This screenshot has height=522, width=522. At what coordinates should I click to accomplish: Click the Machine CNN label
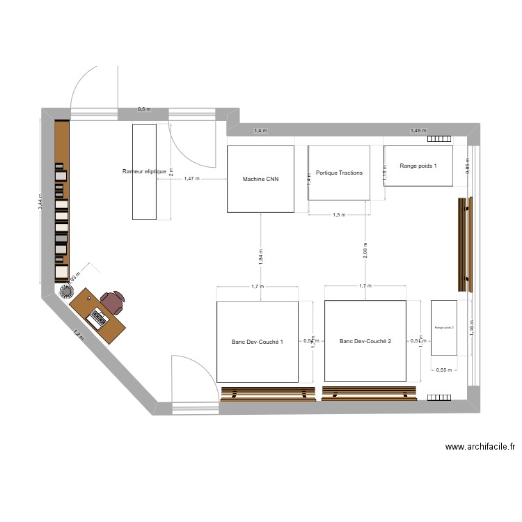(260, 180)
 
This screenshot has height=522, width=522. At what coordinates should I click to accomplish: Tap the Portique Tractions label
(339, 173)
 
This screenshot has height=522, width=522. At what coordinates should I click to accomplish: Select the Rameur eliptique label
(144, 171)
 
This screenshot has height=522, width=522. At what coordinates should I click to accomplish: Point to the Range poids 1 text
(418, 166)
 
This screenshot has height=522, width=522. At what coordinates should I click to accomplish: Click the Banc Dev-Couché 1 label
(258, 342)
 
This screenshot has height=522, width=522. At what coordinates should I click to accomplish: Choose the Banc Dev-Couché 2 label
(365, 341)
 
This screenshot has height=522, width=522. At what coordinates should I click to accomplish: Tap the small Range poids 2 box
(444, 327)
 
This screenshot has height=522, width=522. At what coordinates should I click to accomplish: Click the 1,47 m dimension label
(191, 179)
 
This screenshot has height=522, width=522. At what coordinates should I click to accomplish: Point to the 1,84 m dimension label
(261, 255)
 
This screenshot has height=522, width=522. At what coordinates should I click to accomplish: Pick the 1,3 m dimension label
(339, 215)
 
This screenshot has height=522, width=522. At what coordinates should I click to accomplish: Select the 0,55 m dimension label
(443, 370)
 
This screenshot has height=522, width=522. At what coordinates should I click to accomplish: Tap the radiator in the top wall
(439, 139)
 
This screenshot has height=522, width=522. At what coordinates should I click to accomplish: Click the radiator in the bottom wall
(439, 397)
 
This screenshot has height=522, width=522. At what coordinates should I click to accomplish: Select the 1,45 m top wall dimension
(418, 131)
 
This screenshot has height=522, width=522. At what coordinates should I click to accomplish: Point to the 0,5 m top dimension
(144, 109)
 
